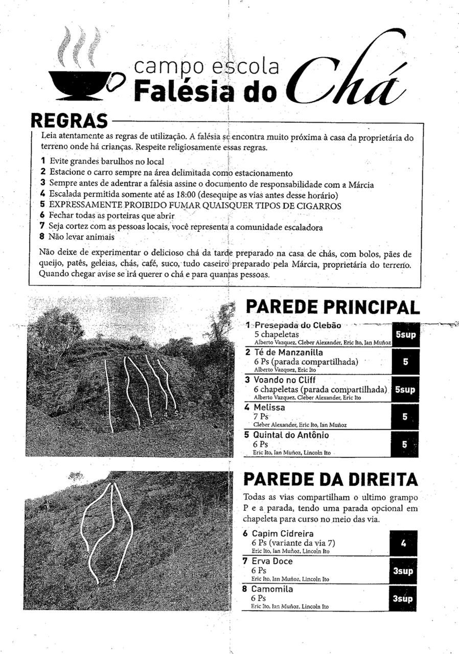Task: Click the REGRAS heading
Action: coord(70,121)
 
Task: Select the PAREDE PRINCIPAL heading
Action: coord(333,307)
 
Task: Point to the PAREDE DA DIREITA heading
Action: coord(330,479)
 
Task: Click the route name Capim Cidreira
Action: coord(282,534)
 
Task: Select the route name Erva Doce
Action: coord(272,562)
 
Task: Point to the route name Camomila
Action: coord(272,589)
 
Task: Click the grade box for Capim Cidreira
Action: coord(403,544)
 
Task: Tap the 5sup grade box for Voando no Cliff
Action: coord(405,390)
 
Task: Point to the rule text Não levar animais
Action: coord(81,237)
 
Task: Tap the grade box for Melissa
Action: coord(405,417)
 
